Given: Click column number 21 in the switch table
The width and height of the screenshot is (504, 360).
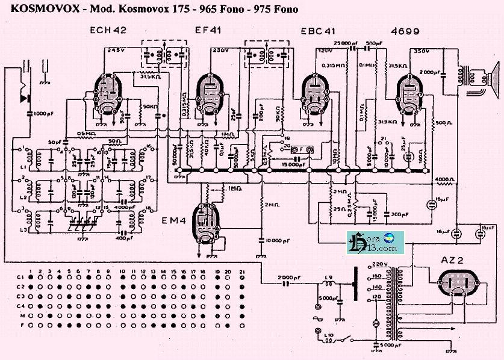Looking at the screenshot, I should tap(241, 272).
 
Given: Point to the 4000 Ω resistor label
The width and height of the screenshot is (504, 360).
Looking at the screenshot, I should tap(445, 179).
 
